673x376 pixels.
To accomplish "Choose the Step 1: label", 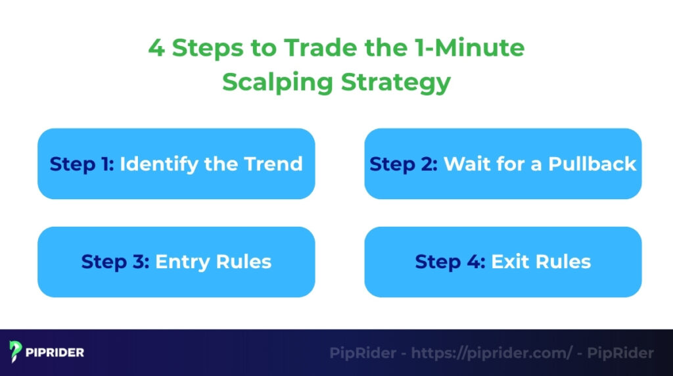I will [81, 164].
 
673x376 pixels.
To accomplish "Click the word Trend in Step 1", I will [273, 164].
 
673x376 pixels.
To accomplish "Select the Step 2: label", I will [403, 164].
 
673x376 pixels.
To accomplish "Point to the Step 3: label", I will [114, 262].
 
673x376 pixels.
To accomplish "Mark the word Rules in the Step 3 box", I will [244, 262].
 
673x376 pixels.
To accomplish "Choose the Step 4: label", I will [450, 262].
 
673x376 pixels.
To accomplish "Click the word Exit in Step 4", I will [509, 262].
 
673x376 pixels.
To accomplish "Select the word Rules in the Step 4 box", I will [563, 262].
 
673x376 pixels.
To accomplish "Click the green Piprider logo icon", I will [16, 352].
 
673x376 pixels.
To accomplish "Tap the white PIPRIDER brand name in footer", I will [55, 353].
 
